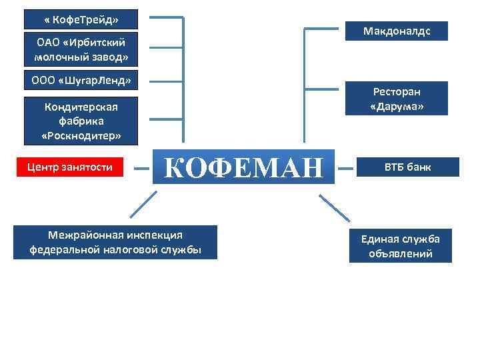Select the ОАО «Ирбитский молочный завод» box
coord(81,49)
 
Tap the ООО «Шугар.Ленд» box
coord(81,81)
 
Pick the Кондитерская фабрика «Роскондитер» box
coord(81,121)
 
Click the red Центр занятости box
coord(69,167)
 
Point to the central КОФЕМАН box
coord(243,167)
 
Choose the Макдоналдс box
coord(396,31)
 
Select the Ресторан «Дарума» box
coord(397,99)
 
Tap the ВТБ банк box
coord(407,167)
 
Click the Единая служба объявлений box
coord(401,245)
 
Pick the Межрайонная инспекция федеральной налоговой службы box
coord(115,243)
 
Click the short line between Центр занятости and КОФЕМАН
coord(141,168)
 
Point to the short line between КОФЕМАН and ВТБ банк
coord(346,168)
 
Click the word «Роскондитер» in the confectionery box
coord(81,136)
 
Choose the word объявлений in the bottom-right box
coord(401,253)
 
